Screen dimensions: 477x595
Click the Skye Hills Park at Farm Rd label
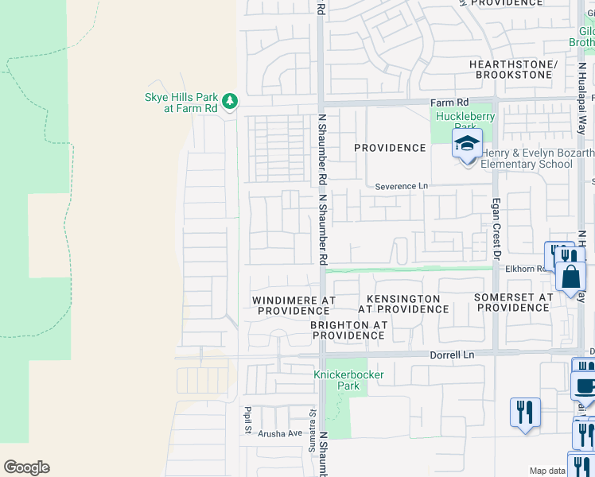point(181,102)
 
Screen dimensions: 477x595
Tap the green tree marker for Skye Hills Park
point(230,101)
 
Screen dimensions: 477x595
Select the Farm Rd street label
point(447,103)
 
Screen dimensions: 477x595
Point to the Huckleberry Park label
point(464,122)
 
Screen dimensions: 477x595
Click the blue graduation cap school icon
point(467,144)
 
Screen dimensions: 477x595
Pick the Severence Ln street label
point(402,186)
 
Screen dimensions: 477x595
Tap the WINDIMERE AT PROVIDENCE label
point(294,305)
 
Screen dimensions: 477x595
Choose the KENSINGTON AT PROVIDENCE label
point(403,304)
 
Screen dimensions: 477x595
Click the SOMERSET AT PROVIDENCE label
point(513,302)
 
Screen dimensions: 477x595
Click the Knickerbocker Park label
point(348,380)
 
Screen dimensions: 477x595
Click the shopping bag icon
point(571,277)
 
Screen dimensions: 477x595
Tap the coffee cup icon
point(585,386)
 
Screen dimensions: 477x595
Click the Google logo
point(26,467)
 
